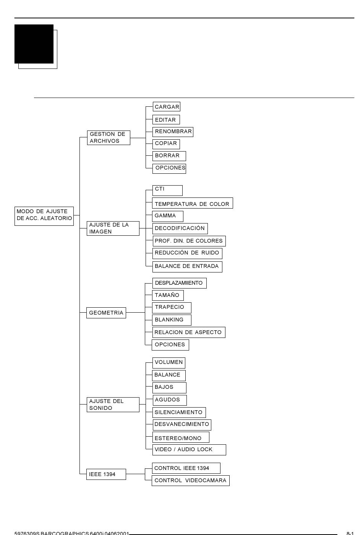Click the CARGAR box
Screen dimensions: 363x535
pyautogui.click(x=167, y=106)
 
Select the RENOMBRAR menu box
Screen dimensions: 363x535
pyautogui.click(x=173, y=132)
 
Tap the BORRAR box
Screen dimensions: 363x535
pyautogui.click(x=169, y=156)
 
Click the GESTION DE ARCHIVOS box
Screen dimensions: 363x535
pyautogui.click(x=109, y=137)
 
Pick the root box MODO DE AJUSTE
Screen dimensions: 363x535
pyautogui.click(x=44, y=216)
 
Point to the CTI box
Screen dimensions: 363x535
pyautogui.click(x=167, y=191)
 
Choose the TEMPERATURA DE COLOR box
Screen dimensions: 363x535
pyautogui.click(x=193, y=203)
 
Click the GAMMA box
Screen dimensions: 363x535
pyautogui.click(x=168, y=216)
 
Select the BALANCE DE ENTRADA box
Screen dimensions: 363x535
pyautogui.click(x=188, y=267)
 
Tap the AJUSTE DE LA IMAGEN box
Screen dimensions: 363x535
pyautogui.click(x=113, y=228)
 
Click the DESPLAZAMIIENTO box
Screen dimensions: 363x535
pyautogui.click(x=180, y=283)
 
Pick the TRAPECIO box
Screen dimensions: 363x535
pyautogui.click(x=172, y=308)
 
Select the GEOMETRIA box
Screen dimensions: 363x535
pyautogui.click(x=106, y=313)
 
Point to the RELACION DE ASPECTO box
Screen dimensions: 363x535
pyautogui.click(x=189, y=332)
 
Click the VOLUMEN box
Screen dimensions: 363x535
pyautogui.click(x=169, y=363)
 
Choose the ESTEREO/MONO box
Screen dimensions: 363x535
pyautogui.click(x=181, y=437)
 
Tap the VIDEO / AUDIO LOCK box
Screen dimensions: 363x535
pyautogui.click(x=190, y=450)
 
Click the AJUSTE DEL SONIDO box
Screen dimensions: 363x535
pyautogui.click(x=113, y=405)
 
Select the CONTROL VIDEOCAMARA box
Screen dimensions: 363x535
pyautogui.click(x=191, y=481)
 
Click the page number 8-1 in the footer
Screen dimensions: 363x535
pyautogui.click(x=350, y=533)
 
